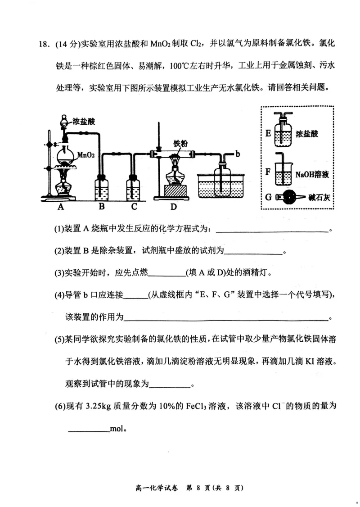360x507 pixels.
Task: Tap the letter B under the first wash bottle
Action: coord(102,207)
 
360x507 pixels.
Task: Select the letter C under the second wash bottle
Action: coord(134,207)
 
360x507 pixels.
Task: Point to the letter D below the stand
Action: coord(174,207)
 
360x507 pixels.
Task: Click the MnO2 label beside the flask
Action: coord(85,155)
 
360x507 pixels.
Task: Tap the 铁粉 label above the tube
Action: coord(180,144)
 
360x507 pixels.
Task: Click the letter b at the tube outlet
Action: coord(237,154)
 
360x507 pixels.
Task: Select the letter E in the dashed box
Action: coord(268,133)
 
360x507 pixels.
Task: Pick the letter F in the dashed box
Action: coord(268,172)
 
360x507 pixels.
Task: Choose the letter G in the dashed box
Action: coord(268,196)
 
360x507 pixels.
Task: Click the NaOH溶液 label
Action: coord(312,174)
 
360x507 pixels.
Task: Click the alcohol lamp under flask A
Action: coord(62,184)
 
